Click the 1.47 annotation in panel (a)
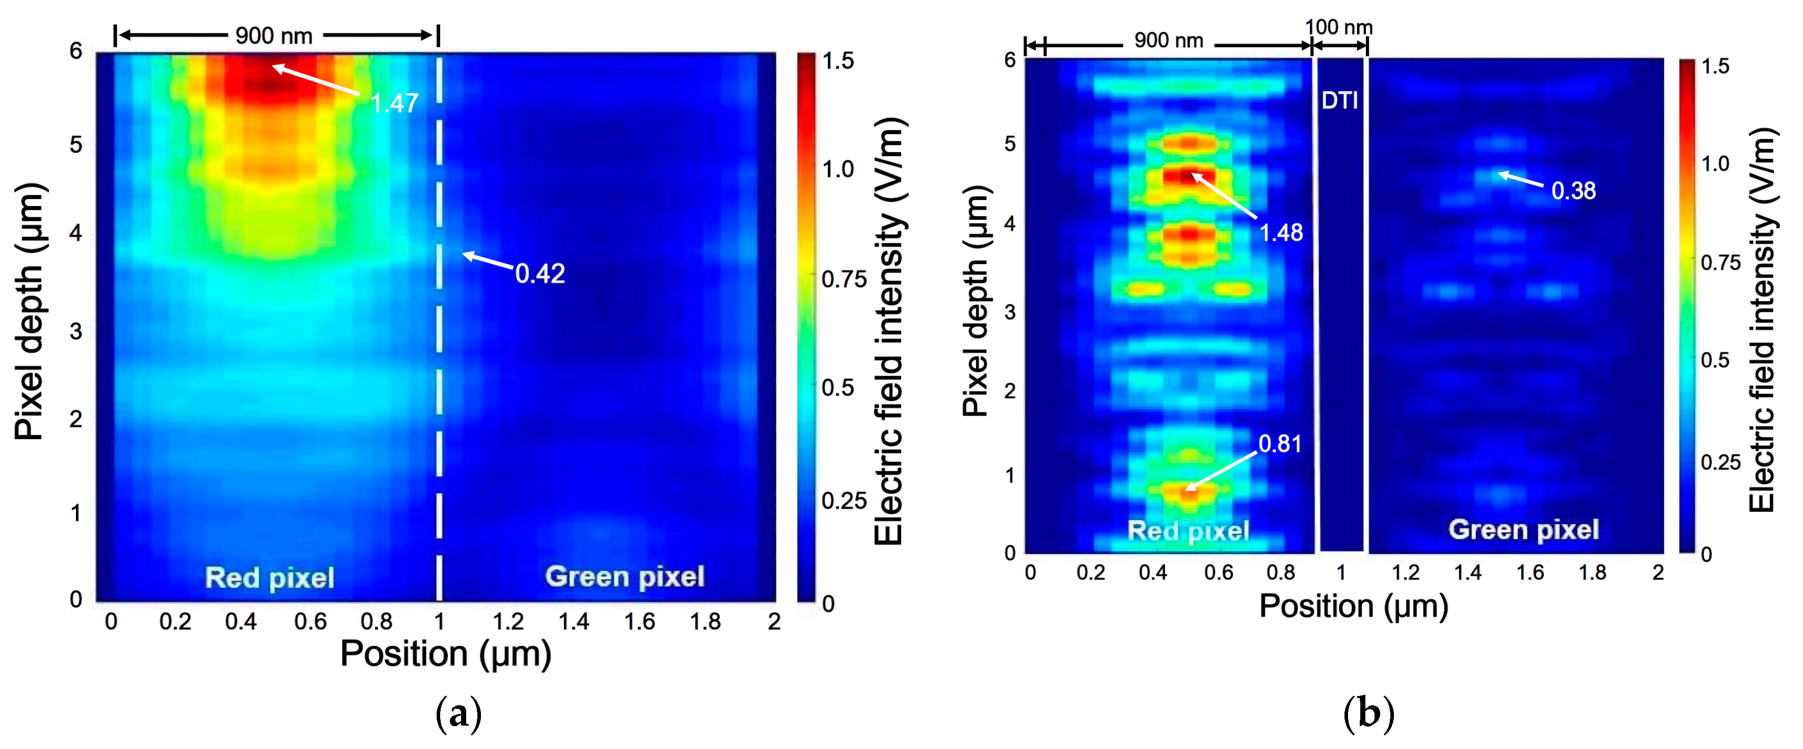pos(394,103)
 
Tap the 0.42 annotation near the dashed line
pos(540,273)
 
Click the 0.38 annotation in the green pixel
pos(1573,190)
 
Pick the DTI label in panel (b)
pos(1340,101)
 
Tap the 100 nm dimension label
pos(1338,27)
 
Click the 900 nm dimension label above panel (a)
pos(274,36)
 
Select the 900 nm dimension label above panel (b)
pos(1168,41)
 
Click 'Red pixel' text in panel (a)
pos(270,578)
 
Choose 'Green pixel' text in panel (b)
pos(1523,529)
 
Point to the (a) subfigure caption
pos(459,714)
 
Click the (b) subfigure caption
pos(1368,714)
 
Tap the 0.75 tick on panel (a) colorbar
pos(843,280)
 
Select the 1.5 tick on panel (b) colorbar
pos(1715,67)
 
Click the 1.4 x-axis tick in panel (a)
pos(573,621)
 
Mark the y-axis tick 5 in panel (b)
pos(1009,143)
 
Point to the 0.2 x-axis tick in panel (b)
pos(1090,573)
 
